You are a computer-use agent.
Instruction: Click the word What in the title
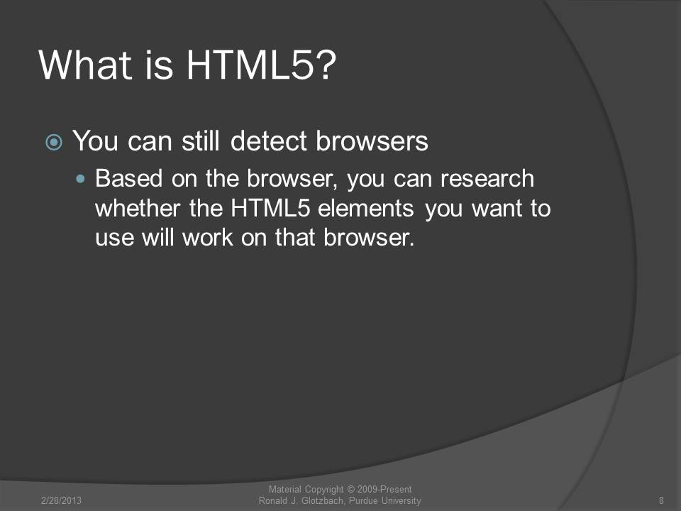coord(85,65)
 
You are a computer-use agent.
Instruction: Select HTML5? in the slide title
coord(262,65)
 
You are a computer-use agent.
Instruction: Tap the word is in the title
coord(159,65)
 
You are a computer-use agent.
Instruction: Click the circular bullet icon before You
coord(54,142)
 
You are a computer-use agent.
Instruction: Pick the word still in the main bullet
coord(200,141)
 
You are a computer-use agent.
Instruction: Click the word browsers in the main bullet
coord(372,141)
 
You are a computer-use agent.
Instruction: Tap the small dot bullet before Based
coord(80,179)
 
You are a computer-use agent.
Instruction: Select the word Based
coord(128,178)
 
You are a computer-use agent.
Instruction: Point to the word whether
coord(138,208)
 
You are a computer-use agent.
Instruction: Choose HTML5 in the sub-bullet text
coord(270,208)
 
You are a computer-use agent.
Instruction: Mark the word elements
coord(366,208)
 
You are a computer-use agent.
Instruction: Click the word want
coord(497,208)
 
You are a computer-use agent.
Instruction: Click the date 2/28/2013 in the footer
coord(61,500)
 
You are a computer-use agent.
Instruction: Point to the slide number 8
coord(661,500)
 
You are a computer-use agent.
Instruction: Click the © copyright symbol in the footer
coord(351,490)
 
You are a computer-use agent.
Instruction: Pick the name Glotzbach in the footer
coord(323,500)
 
